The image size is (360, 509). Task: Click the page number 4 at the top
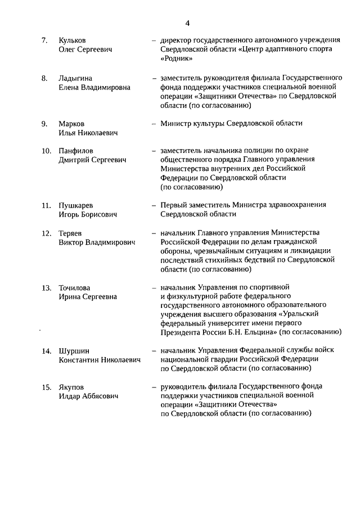(187, 23)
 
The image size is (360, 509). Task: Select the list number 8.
(44, 78)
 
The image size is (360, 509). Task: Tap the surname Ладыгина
(75, 78)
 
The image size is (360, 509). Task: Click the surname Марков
(71, 123)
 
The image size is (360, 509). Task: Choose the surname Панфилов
(76, 151)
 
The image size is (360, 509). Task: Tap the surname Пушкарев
(76, 205)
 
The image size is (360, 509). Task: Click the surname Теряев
(71, 232)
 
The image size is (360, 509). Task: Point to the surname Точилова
(74, 287)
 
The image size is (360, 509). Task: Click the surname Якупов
(71, 386)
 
